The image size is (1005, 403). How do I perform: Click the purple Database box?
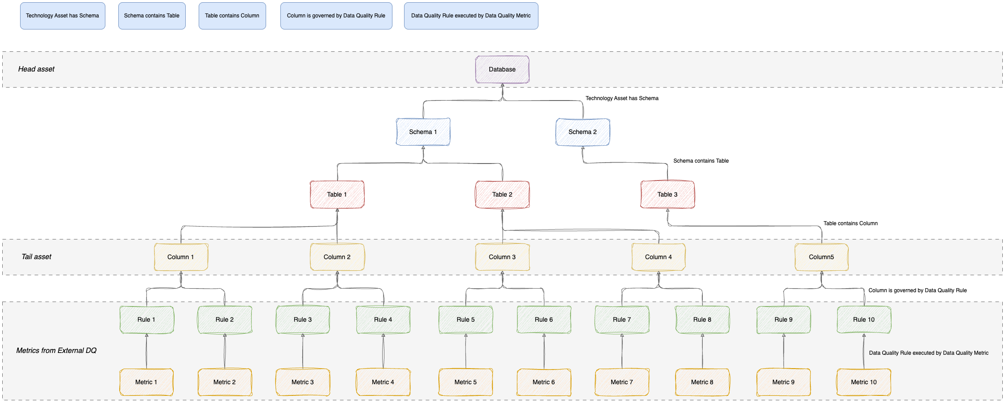[x=502, y=69]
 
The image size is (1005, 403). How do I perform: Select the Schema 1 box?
[x=423, y=132]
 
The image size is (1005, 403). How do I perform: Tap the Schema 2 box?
[x=583, y=132]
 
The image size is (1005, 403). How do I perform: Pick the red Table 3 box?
[x=667, y=194]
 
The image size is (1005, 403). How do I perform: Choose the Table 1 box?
[x=337, y=194]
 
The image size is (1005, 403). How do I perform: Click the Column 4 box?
[x=659, y=257]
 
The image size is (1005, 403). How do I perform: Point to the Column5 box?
[x=822, y=257]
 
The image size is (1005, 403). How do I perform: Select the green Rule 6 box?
[x=544, y=319]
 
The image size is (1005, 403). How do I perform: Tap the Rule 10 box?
[x=864, y=319]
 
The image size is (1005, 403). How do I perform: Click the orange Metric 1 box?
[x=146, y=382]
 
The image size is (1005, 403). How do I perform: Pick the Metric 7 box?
[x=622, y=382]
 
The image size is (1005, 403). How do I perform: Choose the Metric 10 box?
[x=864, y=382]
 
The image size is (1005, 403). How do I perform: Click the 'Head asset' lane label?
[x=36, y=69]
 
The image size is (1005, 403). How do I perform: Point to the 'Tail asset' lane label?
[x=36, y=257]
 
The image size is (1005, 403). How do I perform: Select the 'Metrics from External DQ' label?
[x=56, y=351]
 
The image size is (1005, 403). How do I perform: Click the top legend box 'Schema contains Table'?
[x=152, y=16]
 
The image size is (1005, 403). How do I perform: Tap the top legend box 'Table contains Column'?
[x=232, y=16]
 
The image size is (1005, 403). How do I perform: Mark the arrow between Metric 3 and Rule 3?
[x=303, y=351]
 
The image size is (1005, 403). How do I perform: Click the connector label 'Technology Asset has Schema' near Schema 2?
[x=622, y=98]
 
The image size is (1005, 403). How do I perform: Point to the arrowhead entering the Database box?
[x=502, y=85]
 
